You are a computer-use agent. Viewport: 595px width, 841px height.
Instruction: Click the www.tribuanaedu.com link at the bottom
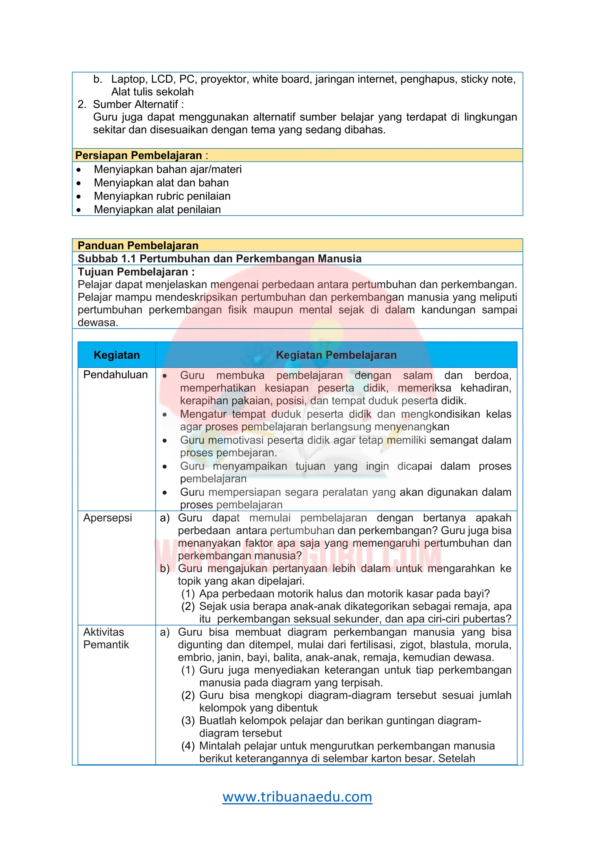297,797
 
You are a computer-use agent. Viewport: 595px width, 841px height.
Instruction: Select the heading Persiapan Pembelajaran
139,155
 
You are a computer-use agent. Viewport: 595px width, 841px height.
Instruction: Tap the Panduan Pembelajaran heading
138,245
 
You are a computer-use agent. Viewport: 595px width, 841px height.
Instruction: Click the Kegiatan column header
117,355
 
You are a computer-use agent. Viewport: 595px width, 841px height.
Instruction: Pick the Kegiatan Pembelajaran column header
336,355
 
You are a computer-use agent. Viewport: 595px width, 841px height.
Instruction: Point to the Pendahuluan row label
115,375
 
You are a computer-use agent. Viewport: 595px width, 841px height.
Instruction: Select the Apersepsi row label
107,518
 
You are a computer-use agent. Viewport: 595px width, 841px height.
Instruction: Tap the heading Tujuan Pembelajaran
136,272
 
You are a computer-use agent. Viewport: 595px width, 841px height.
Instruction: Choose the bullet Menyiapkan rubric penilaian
162,196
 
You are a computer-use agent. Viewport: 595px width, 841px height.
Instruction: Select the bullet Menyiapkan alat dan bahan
161,183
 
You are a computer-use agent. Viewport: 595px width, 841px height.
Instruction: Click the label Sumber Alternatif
136,104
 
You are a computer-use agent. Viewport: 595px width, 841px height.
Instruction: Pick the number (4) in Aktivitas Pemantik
188,746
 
